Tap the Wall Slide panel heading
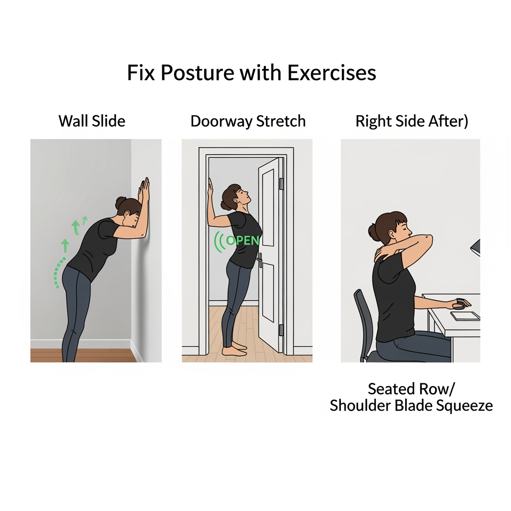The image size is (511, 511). point(92,121)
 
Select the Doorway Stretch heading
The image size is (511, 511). point(248,121)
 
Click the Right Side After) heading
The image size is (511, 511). point(412,121)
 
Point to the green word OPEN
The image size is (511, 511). point(243,241)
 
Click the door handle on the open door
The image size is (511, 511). point(259,259)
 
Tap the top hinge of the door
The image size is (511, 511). point(281,184)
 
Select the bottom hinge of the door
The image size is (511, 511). point(281,330)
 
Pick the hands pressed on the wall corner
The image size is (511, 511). point(144,190)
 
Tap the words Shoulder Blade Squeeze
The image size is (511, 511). point(411,405)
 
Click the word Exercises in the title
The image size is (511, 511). point(331,73)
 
